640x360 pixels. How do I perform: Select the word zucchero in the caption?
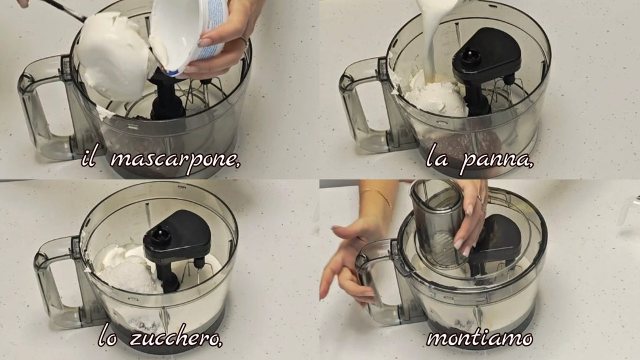176,338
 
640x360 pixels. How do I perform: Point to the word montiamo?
479,338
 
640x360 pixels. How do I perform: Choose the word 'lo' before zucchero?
107,339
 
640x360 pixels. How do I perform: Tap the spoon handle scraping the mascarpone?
65,9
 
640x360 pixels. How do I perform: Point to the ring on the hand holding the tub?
243,41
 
